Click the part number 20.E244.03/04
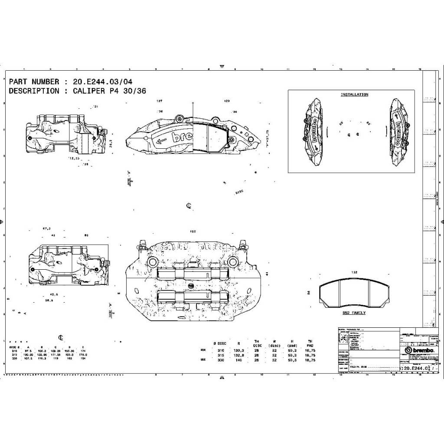coord(103,82)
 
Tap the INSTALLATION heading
coord(354,95)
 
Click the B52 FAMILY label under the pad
coord(354,313)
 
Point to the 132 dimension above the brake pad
coord(354,272)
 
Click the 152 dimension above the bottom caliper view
coord(193,232)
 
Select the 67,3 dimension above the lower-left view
coord(47,229)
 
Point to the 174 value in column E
coord(83,350)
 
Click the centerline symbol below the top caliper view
coord(189,206)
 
